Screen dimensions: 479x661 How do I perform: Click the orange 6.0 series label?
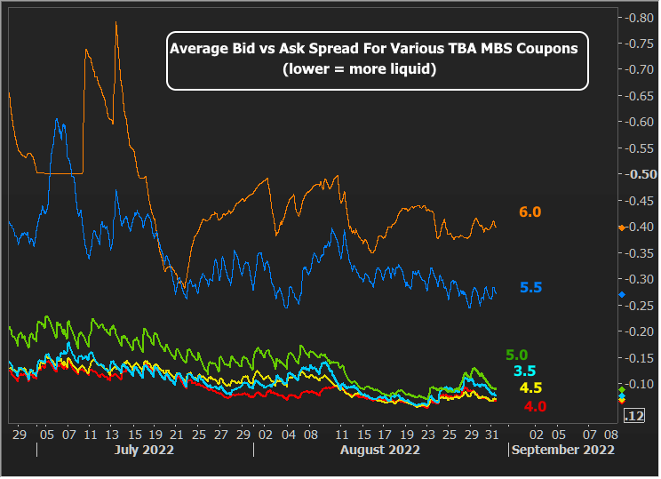coord(530,212)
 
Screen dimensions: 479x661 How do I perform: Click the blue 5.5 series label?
coord(531,288)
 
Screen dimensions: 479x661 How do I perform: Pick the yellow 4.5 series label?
coord(531,388)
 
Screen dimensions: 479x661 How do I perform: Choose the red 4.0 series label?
coord(536,407)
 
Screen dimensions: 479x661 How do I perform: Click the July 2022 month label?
coord(144,450)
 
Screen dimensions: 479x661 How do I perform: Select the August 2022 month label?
coord(380,450)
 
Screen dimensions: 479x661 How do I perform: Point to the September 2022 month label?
coord(562,450)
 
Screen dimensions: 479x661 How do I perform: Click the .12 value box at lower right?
coord(634,416)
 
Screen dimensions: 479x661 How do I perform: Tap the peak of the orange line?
coord(116,22)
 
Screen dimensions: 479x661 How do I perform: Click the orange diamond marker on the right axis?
coord(621,228)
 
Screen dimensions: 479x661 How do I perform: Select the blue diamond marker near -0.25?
coord(622,294)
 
